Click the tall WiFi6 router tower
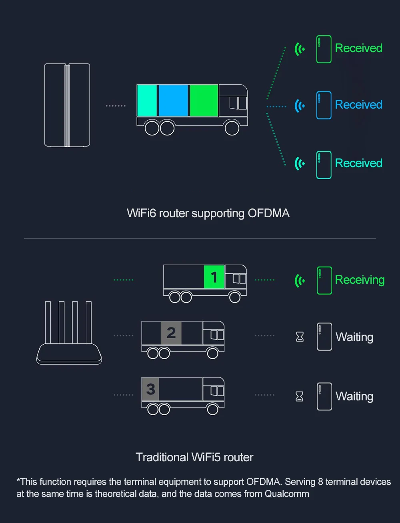(x=67, y=105)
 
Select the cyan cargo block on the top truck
(x=147, y=101)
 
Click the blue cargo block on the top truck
(x=173, y=101)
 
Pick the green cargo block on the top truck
(x=204, y=101)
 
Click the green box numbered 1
(x=214, y=277)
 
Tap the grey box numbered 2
(x=171, y=333)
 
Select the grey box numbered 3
(x=150, y=389)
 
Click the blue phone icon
(x=324, y=105)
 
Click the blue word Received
(x=358, y=105)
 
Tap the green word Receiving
(x=360, y=280)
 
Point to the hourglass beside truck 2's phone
(x=300, y=337)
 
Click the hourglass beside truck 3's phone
(x=299, y=396)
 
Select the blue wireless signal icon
(x=300, y=106)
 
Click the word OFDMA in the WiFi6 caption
(x=268, y=213)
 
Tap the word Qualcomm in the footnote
(x=287, y=494)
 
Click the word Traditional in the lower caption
(x=162, y=457)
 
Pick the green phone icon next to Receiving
(x=324, y=281)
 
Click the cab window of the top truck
(x=238, y=103)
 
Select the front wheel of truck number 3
(x=213, y=409)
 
